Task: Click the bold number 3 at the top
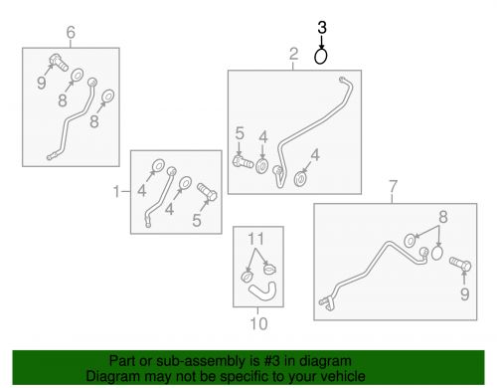[322, 28]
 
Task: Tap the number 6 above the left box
[71, 32]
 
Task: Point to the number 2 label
[293, 54]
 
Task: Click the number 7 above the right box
[393, 186]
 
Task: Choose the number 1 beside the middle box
[116, 191]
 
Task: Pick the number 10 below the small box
[258, 323]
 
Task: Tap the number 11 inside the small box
[255, 239]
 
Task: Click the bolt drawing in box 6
[59, 63]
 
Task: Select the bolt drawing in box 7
[460, 264]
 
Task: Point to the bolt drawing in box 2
[244, 161]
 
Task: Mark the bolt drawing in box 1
[207, 192]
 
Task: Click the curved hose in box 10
[262, 291]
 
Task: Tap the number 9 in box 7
[465, 294]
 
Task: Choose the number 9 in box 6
[42, 83]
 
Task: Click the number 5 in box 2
[240, 133]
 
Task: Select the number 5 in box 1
[197, 220]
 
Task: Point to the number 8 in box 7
[443, 217]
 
